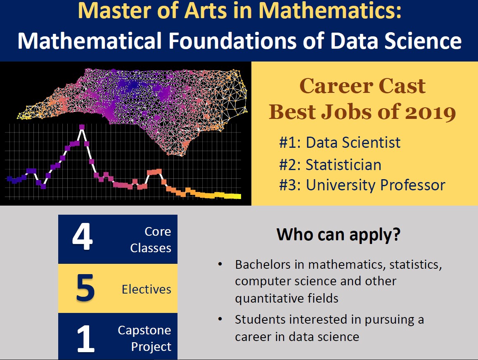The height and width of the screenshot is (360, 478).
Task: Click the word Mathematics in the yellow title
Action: point(330,10)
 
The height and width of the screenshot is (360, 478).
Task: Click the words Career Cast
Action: point(362,85)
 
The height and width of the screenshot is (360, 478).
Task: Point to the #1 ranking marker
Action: point(290,143)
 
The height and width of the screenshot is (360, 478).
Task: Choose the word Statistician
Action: point(343,165)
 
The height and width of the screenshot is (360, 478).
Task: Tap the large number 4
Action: point(82,236)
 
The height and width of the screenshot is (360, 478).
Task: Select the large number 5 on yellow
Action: point(85,288)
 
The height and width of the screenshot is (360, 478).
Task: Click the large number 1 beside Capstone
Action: point(86,339)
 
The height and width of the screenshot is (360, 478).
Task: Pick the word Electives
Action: point(146,289)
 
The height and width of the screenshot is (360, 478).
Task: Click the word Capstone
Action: point(144,330)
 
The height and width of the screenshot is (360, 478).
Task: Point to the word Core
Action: point(158,232)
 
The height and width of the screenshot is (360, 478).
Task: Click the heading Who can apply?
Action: point(338,235)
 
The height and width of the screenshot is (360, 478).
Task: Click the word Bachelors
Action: point(263,265)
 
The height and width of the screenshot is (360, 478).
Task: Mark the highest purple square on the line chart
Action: point(82,128)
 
